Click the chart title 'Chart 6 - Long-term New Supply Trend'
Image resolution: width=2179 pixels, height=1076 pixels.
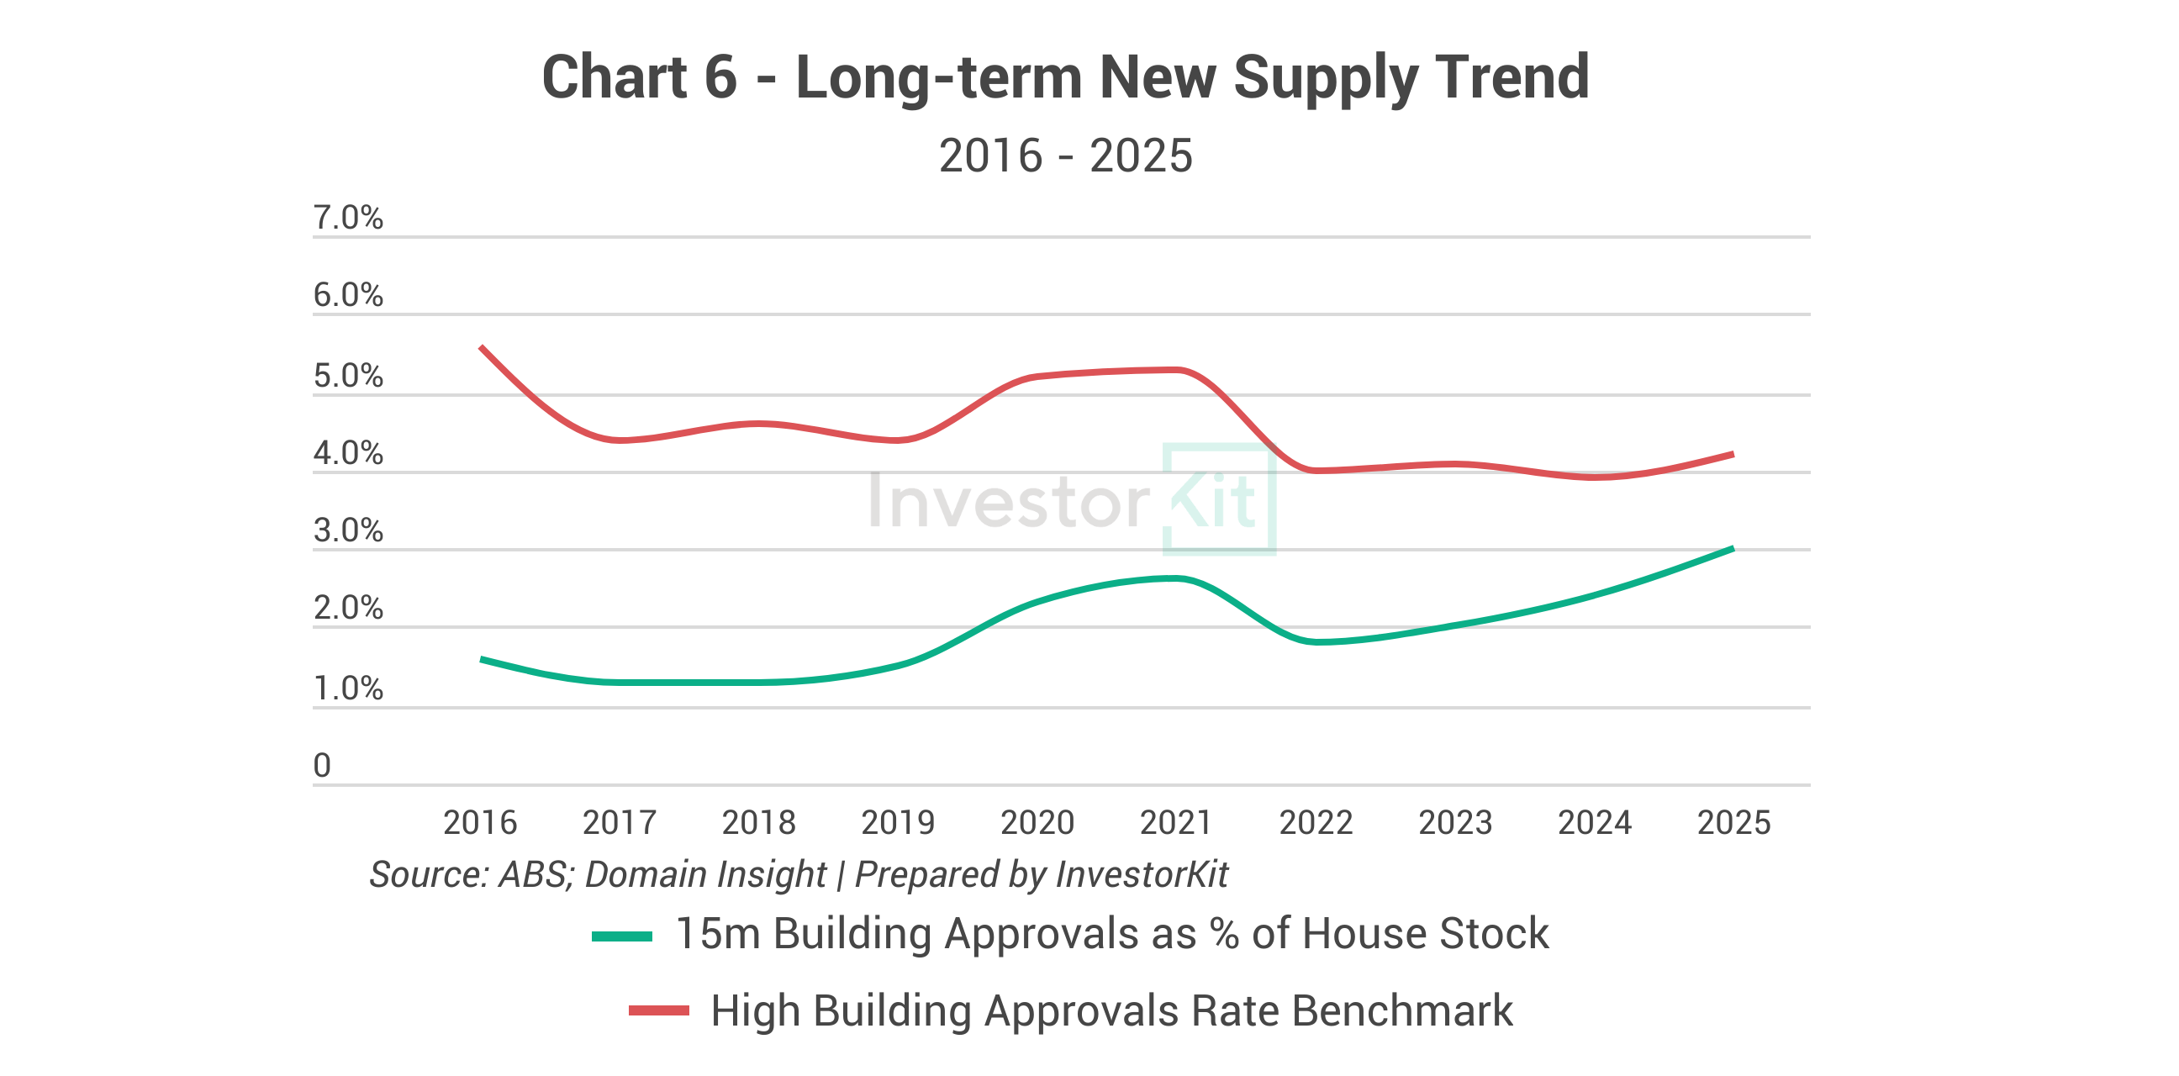click(1065, 78)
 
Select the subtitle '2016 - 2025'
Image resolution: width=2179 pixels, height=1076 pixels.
click(1065, 156)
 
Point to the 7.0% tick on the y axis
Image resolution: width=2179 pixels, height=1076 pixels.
click(348, 219)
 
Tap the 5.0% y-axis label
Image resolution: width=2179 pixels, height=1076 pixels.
click(348, 377)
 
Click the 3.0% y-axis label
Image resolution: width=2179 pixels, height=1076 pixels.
click(348, 531)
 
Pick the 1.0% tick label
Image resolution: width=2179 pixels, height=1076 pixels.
click(348, 688)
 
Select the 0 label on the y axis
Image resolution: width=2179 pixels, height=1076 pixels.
click(322, 766)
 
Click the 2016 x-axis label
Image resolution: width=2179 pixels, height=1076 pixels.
click(480, 822)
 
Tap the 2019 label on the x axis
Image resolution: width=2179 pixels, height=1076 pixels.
click(898, 822)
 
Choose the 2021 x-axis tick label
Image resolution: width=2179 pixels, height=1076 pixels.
click(1177, 822)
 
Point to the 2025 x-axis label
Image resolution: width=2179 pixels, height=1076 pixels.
click(1734, 822)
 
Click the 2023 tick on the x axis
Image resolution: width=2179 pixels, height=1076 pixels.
click(1455, 822)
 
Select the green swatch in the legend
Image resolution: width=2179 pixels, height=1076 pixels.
click(622, 936)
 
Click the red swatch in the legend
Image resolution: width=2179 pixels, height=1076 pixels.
click(658, 1011)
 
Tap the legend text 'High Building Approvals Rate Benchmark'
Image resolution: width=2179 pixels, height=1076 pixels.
click(1111, 1011)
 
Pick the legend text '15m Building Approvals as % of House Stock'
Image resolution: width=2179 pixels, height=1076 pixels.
click(1112, 935)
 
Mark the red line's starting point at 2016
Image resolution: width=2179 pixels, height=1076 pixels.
click(482, 347)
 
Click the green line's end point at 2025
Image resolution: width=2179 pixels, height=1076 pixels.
click(1733, 549)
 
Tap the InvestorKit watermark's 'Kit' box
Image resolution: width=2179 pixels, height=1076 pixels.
click(1219, 500)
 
